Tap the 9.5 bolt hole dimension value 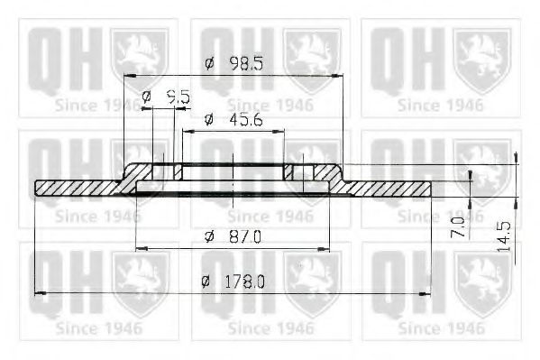(x=178, y=96)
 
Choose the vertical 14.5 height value (x=504, y=236)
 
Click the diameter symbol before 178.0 (x=206, y=282)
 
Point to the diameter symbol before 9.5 (x=147, y=96)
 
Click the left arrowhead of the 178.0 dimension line (x=39, y=293)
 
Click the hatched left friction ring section (x=77, y=188)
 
